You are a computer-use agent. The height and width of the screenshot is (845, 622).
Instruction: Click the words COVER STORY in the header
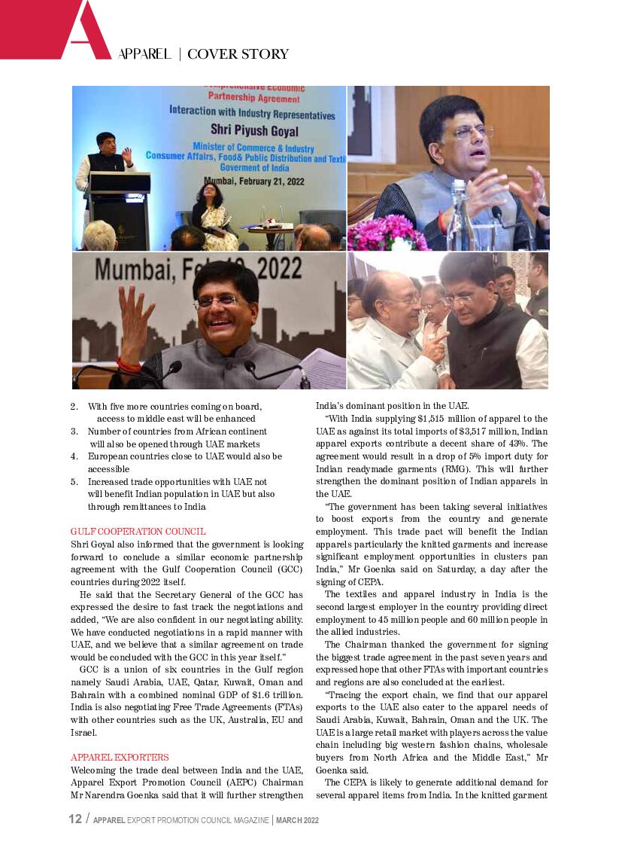coord(238,54)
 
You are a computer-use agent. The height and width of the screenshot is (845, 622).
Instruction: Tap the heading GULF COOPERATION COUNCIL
coord(138,532)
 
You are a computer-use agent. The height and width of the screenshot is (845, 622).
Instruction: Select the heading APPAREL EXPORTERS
coord(120,757)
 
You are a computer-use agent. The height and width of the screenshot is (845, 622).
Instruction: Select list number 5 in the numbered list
coord(74,481)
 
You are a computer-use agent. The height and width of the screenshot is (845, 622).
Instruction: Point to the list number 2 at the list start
coord(74,407)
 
